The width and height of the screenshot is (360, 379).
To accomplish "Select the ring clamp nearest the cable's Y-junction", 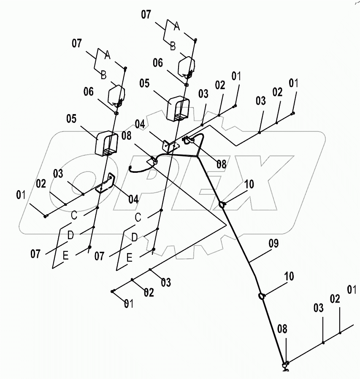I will point(222,205).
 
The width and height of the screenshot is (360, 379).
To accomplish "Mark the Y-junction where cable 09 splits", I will point(197,156).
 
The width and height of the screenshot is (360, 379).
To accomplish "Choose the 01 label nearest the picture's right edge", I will point(351,290).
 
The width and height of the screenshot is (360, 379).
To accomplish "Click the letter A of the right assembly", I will point(177,26).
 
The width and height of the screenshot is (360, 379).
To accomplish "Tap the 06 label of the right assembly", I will point(157,63).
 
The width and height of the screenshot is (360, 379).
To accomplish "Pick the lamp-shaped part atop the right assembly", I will point(186,66).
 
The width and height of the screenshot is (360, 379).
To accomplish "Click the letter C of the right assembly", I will point(138,217).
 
